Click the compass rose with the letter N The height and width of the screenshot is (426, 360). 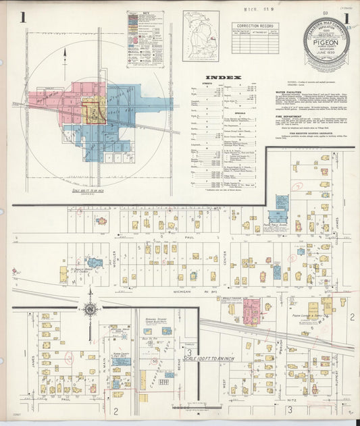click(x=89, y=310)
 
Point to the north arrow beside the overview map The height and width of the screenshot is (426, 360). click(x=65, y=54)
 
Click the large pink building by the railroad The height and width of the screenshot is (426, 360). click(x=251, y=311)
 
